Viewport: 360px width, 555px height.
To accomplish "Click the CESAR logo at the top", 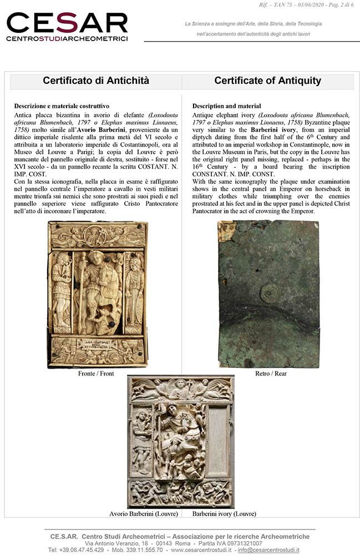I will (x=67, y=23).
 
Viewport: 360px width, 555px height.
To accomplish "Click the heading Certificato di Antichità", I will (x=96, y=81).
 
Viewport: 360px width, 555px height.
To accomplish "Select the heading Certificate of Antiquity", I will (x=267, y=81).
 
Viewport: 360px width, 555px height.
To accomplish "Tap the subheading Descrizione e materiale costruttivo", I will (x=62, y=106).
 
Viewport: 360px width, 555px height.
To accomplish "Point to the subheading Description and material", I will (x=226, y=106).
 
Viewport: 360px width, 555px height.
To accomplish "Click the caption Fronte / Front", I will (x=96, y=374).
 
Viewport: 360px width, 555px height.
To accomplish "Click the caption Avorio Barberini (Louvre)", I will (x=144, y=514).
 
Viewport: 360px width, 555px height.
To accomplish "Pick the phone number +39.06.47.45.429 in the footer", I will (x=75, y=550).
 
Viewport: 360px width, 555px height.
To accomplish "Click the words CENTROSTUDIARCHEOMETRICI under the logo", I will (x=67, y=39).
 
